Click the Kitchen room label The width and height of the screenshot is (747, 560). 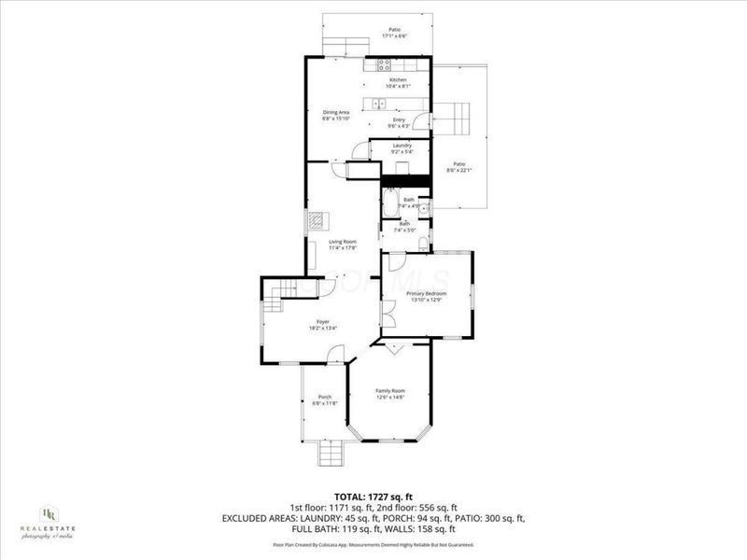pos(399,81)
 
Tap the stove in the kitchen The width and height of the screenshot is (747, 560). pos(384,66)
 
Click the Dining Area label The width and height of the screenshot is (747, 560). pos(335,113)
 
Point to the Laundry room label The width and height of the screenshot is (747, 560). pos(402,146)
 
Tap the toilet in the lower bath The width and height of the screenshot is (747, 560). pos(423,245)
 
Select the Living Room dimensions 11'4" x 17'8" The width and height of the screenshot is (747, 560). pos(343,248)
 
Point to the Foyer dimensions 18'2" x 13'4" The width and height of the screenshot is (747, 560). pos(323,329)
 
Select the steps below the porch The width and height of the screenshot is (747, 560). pos(329,456)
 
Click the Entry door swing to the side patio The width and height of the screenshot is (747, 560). pos(422,121)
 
